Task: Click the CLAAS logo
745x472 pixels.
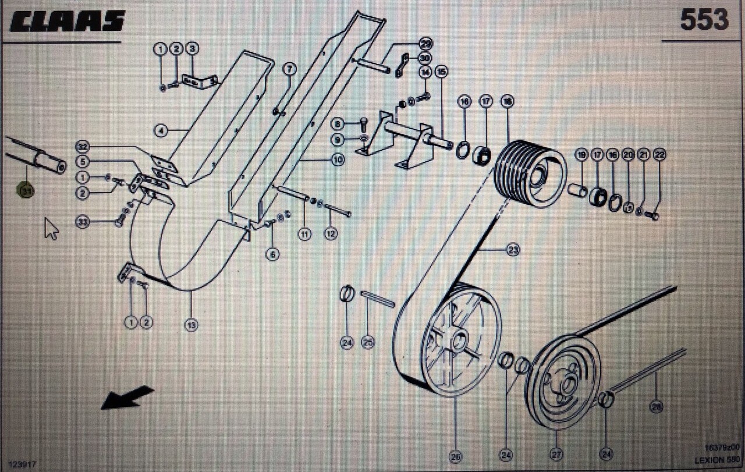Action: pyautogui.click(x=68, y=22)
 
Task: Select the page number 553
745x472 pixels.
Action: pyautogui.click(x=704, y=20)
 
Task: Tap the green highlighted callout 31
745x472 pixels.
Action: pyautogui.click(x=26, y=190)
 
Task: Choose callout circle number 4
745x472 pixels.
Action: pyautogui.click(x=161, y=131)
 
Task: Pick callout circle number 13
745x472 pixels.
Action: pyautogui.click(x=191, y=325)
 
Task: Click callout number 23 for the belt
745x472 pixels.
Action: pyautogui.click(x=512, y=250)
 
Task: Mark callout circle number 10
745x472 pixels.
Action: pyautogui.click(x=338, y=159)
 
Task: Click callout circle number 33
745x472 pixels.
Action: pyautogui.click(x=83, y=222)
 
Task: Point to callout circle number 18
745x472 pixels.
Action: pyautogui.click(x=507, y=102)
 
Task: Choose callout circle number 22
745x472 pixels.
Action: pyautogui.click(x=659, y=155)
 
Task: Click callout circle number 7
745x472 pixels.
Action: pyautogui.click(x=290, y=69)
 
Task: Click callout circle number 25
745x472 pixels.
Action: pyautogui.click(x=368, y=343)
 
